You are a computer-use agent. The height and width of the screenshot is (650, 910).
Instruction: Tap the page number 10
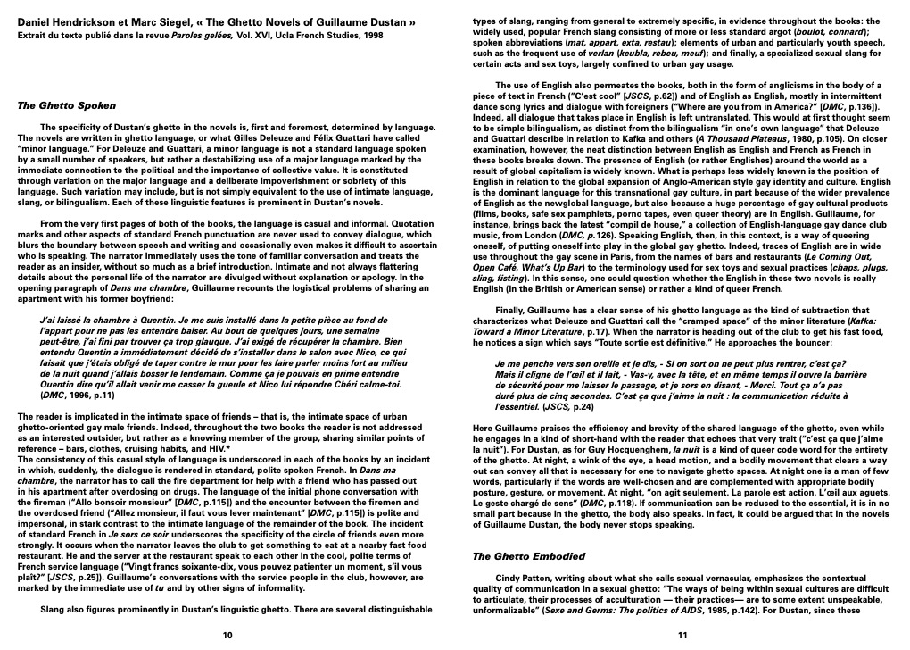(x=227, y=635)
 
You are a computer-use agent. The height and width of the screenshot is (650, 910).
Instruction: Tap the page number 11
(x=682, y=635)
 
